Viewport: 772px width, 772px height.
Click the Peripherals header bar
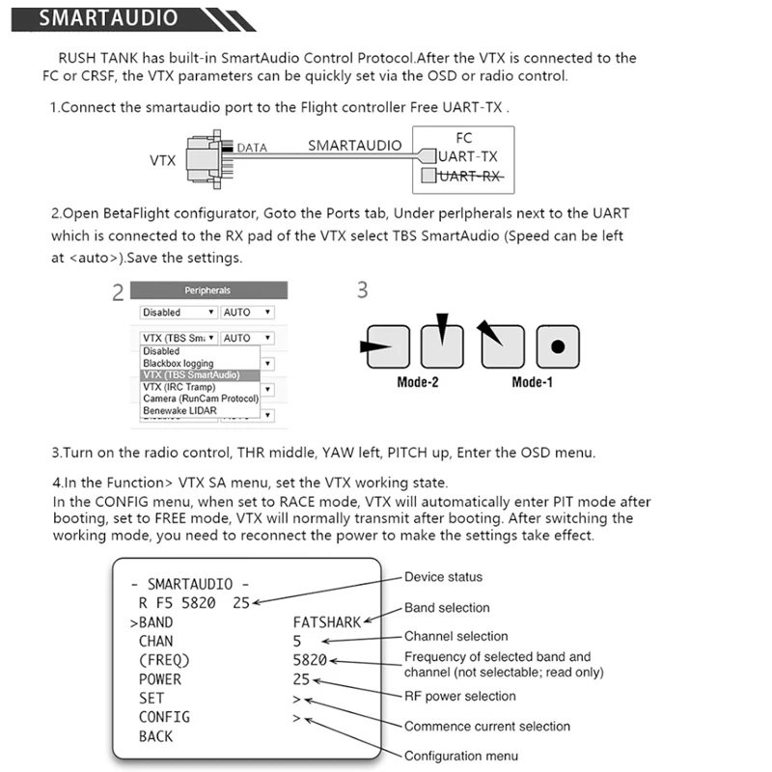207,289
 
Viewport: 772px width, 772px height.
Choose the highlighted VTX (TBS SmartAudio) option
189,374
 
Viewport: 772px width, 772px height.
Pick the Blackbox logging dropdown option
179,363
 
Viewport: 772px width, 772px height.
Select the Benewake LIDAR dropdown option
181,410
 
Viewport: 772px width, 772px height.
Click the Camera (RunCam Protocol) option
200,399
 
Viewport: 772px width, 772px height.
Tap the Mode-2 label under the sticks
418,382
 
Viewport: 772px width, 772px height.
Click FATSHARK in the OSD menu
327,622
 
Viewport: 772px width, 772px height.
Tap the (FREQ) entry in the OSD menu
164,660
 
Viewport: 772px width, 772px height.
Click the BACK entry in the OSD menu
155,736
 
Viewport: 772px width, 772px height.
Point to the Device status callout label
443,577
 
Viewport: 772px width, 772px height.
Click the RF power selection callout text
460,696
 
